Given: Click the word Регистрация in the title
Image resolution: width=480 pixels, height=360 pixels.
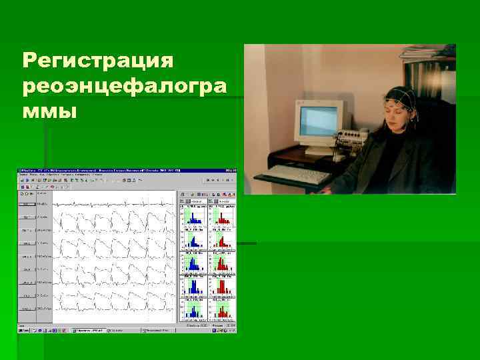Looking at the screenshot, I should (98, 61).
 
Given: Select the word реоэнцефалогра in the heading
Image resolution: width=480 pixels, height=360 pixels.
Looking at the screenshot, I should (124, 86).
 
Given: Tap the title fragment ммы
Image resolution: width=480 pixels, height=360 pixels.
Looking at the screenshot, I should (50, 110).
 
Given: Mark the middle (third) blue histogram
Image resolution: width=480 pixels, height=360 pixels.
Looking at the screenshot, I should (195, 263).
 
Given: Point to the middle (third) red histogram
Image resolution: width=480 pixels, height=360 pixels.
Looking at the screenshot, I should (223, 263).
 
